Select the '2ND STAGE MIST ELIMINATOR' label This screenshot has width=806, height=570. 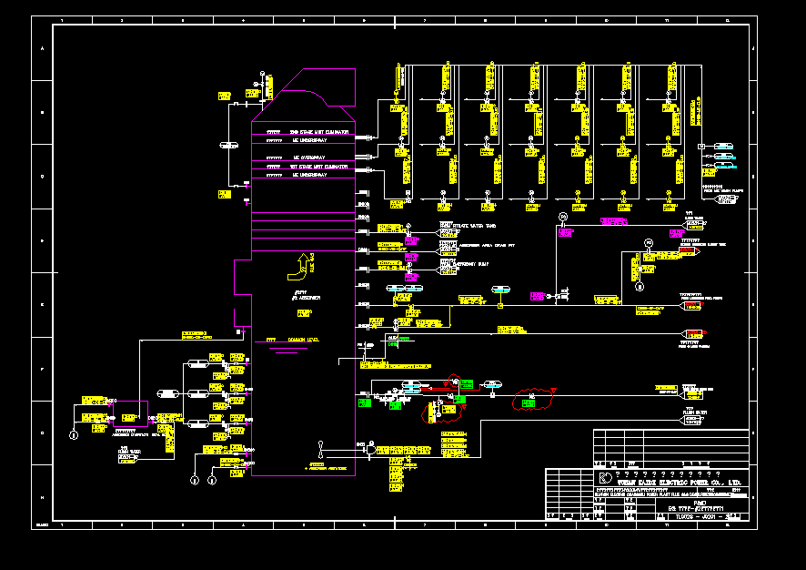coord(318,132)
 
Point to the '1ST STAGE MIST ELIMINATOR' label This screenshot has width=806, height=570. coord(318,166)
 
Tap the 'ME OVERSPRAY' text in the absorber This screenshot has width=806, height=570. coord(310,157)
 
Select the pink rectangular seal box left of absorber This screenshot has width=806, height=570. coord(128,413)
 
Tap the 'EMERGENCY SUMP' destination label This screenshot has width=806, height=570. coord(460,264)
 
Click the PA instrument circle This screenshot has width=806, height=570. coord(563,216)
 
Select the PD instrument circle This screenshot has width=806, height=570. coord(649,242)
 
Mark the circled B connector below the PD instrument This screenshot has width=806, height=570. coord(640,286)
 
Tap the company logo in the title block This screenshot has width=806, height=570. coord(605,478)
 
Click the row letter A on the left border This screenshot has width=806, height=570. coord(41,48)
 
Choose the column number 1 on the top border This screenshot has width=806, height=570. coord(62,18)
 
